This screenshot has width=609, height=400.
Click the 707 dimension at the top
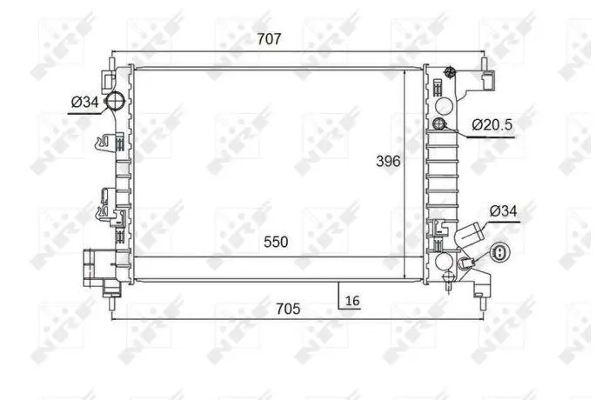point(269,39)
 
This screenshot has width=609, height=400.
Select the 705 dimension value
point(288,309)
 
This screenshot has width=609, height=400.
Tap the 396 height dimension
point(388,161)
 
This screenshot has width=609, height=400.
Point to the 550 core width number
point(276,242)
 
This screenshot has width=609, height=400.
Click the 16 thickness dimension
point(352,301)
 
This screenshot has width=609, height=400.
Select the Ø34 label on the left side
point(85,102)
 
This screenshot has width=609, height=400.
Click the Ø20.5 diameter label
point(492,124)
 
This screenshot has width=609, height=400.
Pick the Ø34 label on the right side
point(504,211)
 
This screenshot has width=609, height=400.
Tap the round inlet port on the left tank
point(115,102)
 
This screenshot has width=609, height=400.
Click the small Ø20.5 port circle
point(438,123)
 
